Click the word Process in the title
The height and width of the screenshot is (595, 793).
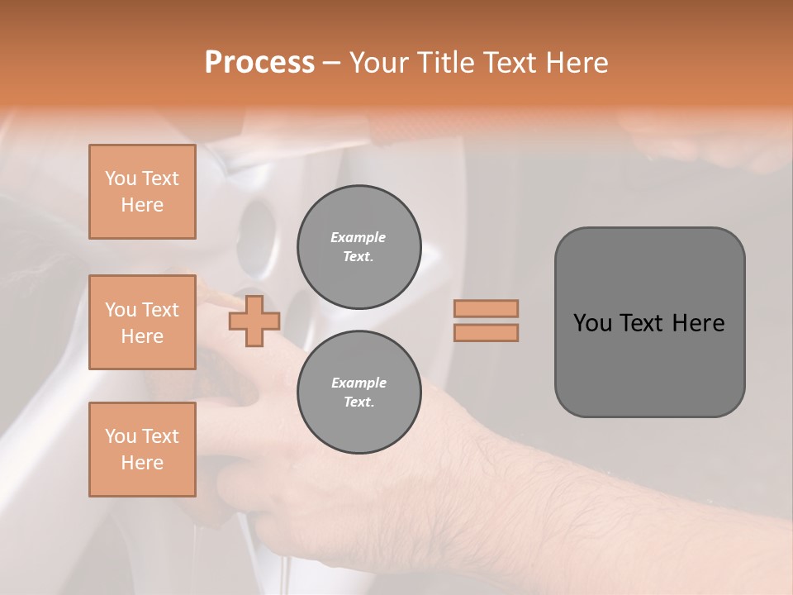(x=259, y=63)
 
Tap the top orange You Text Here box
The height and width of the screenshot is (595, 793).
(x=142, y=192)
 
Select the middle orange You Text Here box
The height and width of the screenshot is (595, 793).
(x=142, y=322)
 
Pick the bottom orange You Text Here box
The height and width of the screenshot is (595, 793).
(x=142, y=450)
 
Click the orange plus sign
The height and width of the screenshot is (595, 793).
(x=254, y=321)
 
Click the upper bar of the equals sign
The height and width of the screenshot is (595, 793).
(x=487, y=308)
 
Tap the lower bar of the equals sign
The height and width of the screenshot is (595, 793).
(x=487, y=333)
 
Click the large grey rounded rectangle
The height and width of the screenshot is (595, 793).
(x=649, y=372)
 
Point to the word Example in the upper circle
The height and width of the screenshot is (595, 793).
(x=359, y=237)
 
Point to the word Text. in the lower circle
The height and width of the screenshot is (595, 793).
(x=359, y=402)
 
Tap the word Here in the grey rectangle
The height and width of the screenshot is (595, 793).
(x=699, y=323)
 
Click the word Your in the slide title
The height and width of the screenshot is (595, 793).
(x=379, y=63)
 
